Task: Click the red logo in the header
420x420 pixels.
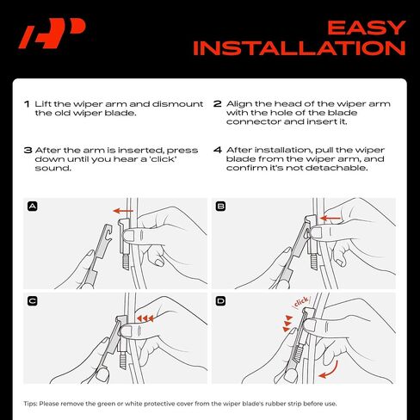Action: (52, 34)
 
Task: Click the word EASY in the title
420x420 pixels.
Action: (367, 28)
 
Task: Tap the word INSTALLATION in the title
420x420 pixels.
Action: (300, 48)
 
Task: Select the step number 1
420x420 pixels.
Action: (27, 104)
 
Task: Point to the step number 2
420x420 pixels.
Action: (217, 103)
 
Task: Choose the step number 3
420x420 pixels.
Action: (28, 150)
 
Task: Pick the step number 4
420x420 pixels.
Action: (218, 150)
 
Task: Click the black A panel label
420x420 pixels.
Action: (33, 207)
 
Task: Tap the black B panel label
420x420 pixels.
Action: (220, 207)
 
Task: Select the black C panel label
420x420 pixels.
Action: (33, 301)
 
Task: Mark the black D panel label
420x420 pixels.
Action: (220, 301)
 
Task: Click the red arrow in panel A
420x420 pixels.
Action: (123, 211)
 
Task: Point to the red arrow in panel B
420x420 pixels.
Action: (330, 219)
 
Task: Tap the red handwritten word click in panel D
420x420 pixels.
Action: (301, 302)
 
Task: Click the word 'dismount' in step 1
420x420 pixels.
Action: (177, 104)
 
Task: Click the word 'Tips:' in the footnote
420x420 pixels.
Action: (30, 404)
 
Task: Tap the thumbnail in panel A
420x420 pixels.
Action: (128, 236)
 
